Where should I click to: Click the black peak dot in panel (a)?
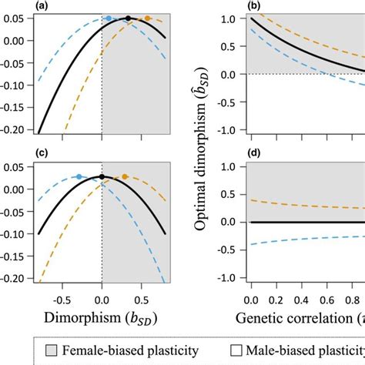coord(128,18)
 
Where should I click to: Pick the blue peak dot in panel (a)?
coord(109,18)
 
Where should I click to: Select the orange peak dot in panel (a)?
coord(148,18)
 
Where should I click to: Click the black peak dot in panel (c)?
coord(102,177)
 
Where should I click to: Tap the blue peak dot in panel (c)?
coord(79,176)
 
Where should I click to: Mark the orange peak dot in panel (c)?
coord(125,176)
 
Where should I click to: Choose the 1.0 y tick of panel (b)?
coord(234,18)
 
